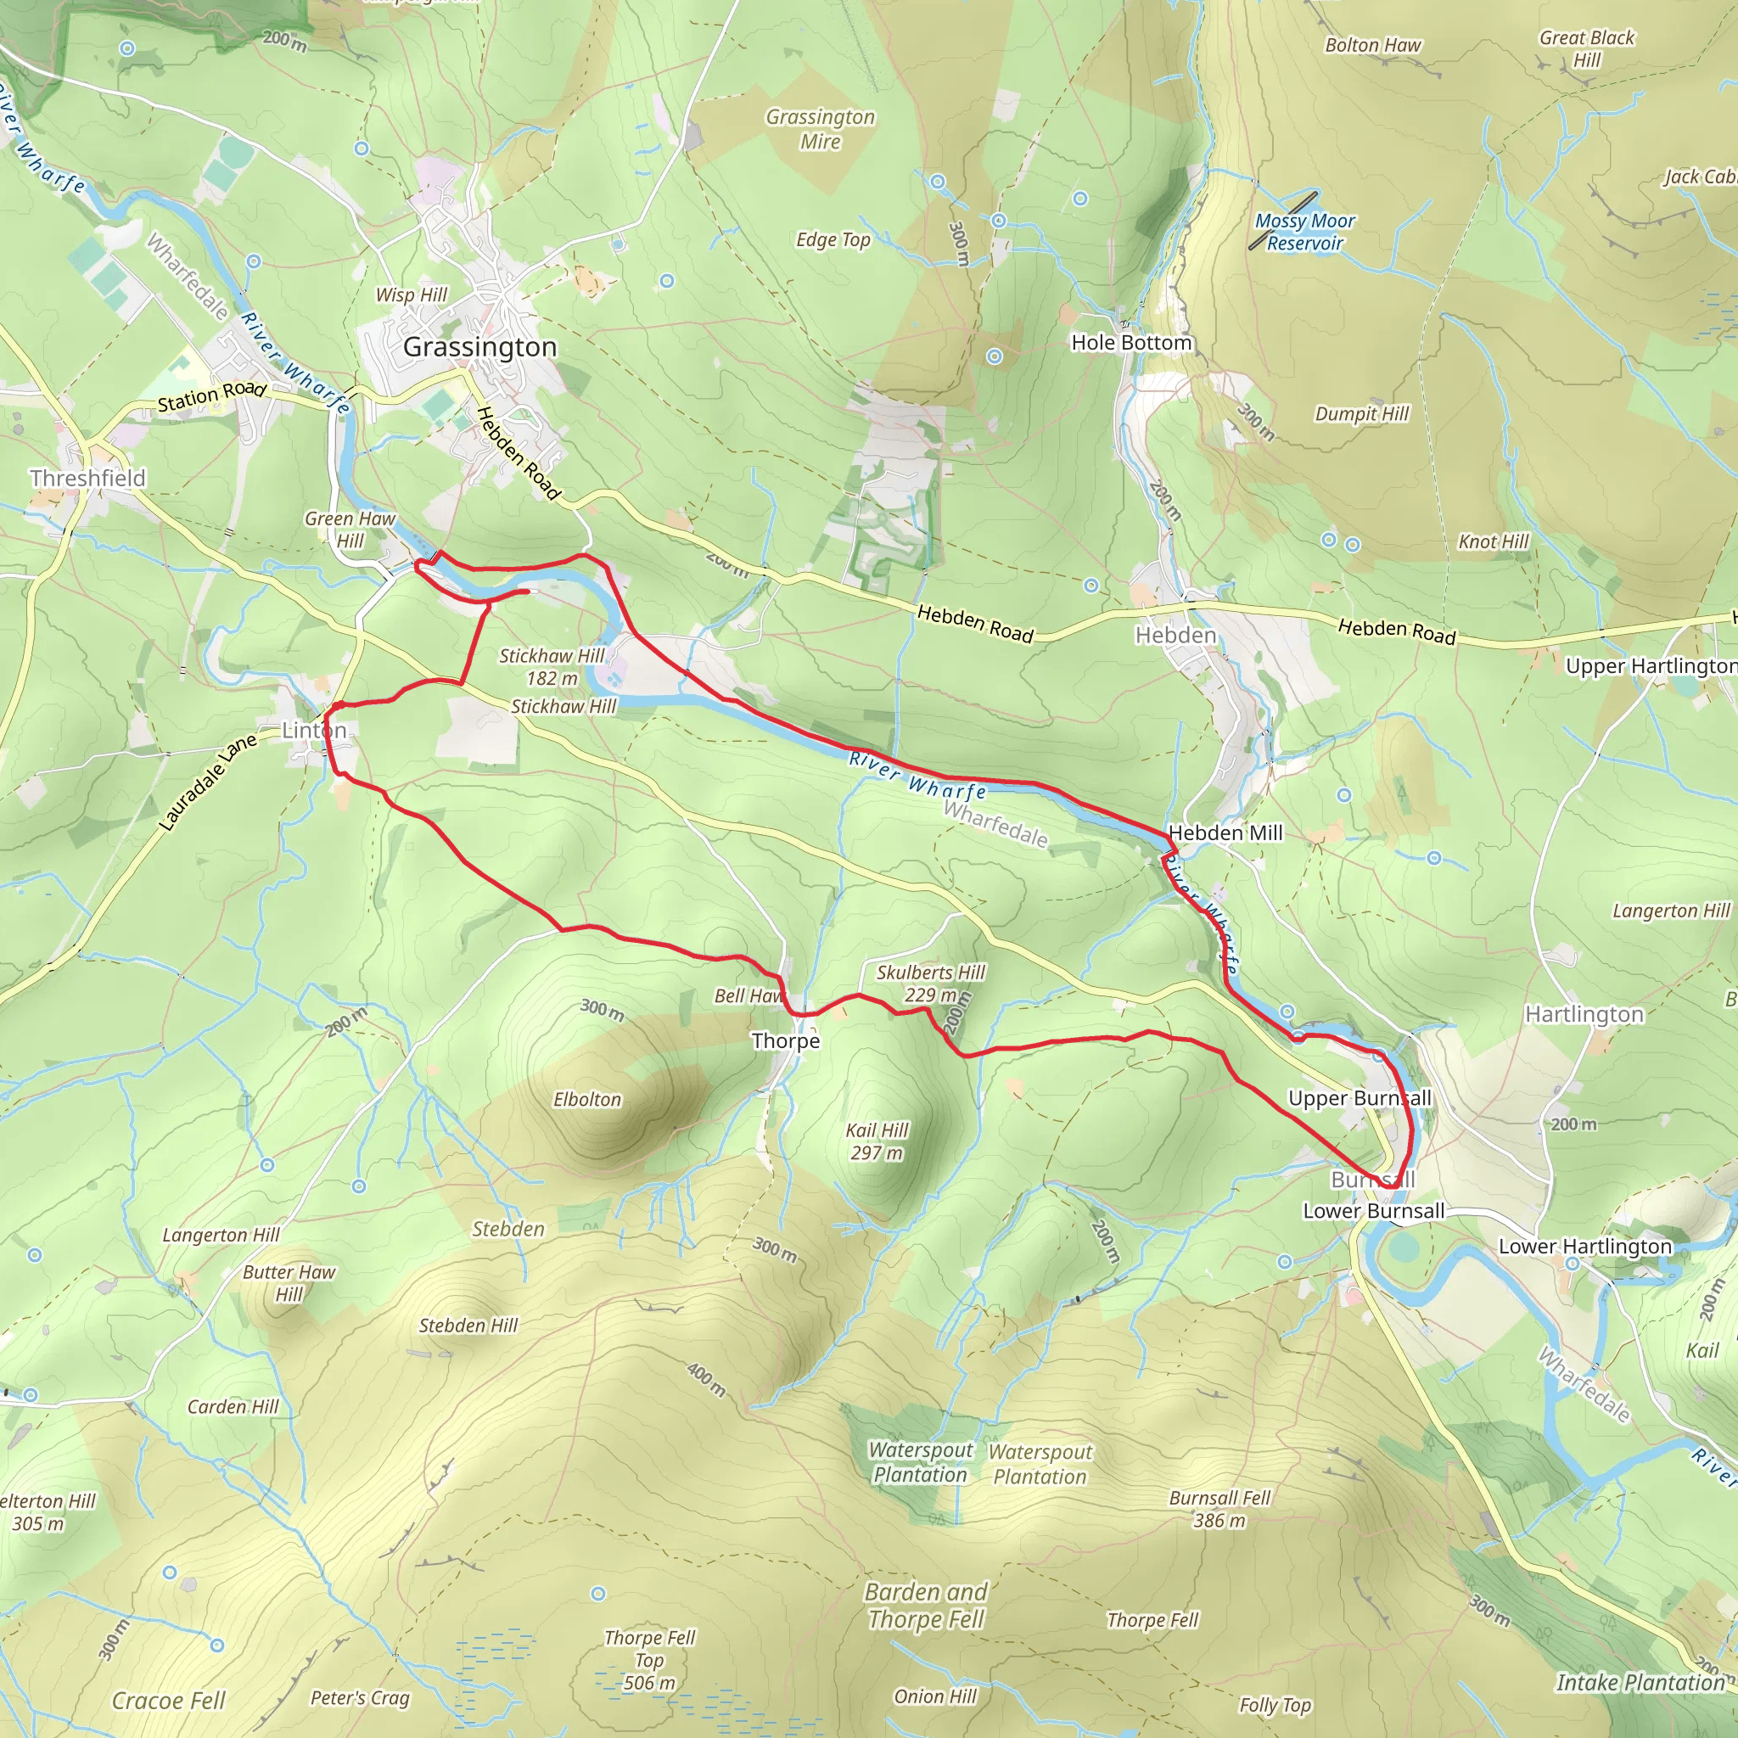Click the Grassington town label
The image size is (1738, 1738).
click(x=479, y=347)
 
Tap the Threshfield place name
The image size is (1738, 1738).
click(x=87, y=478)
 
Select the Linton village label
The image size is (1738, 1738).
click(x=314, y=730)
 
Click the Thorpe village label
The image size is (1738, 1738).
click(x=785, y=1040)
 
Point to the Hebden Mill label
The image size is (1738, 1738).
click(x=1225, y=833)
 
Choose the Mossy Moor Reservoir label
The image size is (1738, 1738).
click(x=1304, y=232)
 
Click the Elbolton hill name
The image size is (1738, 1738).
click(x=586, y=1099)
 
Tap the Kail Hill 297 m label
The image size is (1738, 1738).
click(x=877, y=1141)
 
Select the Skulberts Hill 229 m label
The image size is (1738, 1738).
click(x=930, y=984)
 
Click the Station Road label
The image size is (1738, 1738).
click(x=211, y=395)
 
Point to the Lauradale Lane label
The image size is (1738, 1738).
click(x=208, y=781)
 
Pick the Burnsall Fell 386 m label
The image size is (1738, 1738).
click(x=1219, y=1509)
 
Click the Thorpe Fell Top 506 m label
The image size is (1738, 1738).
click(x=649, y=1660)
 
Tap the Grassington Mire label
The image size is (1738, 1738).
click(x=820, y=129)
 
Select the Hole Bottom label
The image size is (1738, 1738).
click(x=1130, y=343)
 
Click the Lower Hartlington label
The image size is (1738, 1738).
click(x=1584, y=1246)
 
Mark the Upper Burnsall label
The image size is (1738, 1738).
click(x=1360, y=1098)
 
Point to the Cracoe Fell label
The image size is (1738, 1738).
click(x=168, y=1700)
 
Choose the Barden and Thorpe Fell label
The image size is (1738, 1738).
click(x=926, y=1606)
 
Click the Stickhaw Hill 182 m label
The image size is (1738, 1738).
click(x=552, y=666)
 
